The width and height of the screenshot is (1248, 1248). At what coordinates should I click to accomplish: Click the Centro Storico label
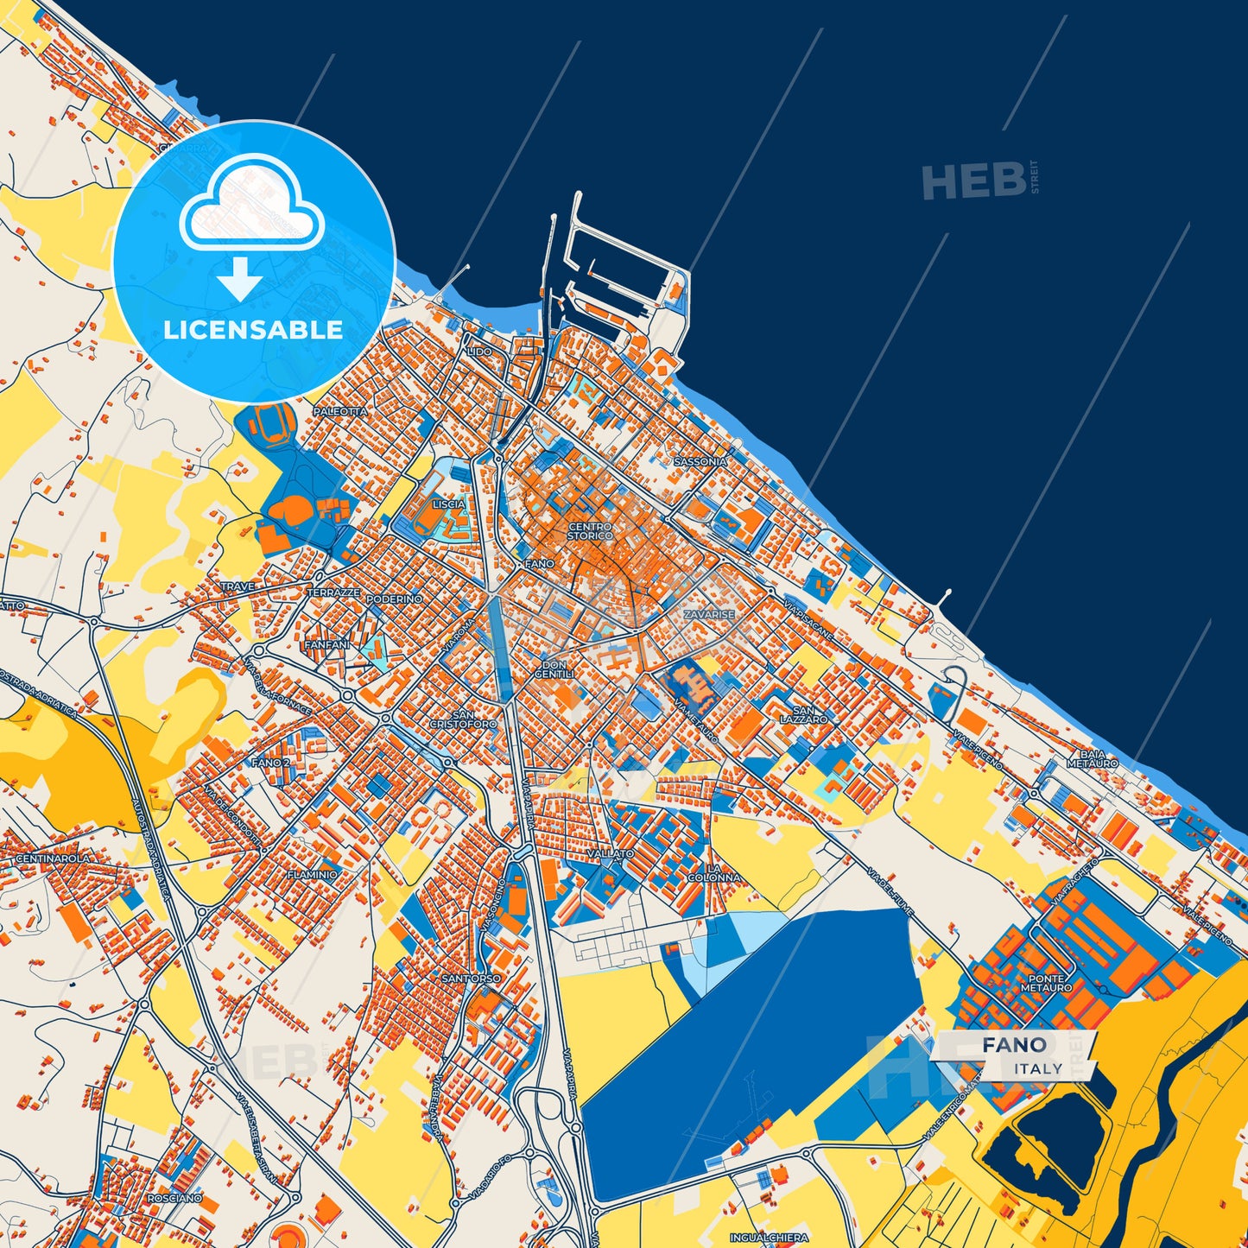(x=590, y=531)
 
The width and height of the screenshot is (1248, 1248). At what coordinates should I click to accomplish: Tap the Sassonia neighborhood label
(x=700, y=462)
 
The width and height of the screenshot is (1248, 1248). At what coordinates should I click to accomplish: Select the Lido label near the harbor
(x=479, y=352)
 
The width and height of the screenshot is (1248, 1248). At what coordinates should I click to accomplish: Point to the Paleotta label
(x=340, y=412)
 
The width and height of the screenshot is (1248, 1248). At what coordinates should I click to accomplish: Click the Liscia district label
(x=449, y=504)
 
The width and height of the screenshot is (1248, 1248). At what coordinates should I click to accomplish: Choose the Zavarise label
(x=709, y=615)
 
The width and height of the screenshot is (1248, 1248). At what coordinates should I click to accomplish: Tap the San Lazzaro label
(x=803, y=715)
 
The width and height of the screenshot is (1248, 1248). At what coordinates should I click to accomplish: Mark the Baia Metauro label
(x=1092, y=759)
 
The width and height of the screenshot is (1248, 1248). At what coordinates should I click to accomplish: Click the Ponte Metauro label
(x=1046, y=983)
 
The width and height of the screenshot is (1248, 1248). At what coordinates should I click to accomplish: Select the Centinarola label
(x=52, y=859)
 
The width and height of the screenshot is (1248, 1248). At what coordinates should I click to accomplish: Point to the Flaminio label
(x=313, y=875)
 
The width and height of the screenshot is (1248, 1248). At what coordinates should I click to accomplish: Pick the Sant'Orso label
(x=471, y=979)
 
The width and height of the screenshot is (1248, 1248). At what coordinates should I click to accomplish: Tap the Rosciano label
(x=174, y=1199)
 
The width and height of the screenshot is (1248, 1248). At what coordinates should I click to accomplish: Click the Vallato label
(x=611, y=853)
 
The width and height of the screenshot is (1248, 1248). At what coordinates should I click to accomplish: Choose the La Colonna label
(x=714, y=873)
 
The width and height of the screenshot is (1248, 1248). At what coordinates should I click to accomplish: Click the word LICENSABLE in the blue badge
(x=253, y=330)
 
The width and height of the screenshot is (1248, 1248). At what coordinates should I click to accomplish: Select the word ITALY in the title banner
(x=1038, y=1068)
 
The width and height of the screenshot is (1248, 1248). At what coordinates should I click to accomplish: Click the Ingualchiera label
(x=769, y=1238)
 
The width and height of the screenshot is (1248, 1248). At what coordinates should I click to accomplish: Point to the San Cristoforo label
(x=463, y=719)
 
